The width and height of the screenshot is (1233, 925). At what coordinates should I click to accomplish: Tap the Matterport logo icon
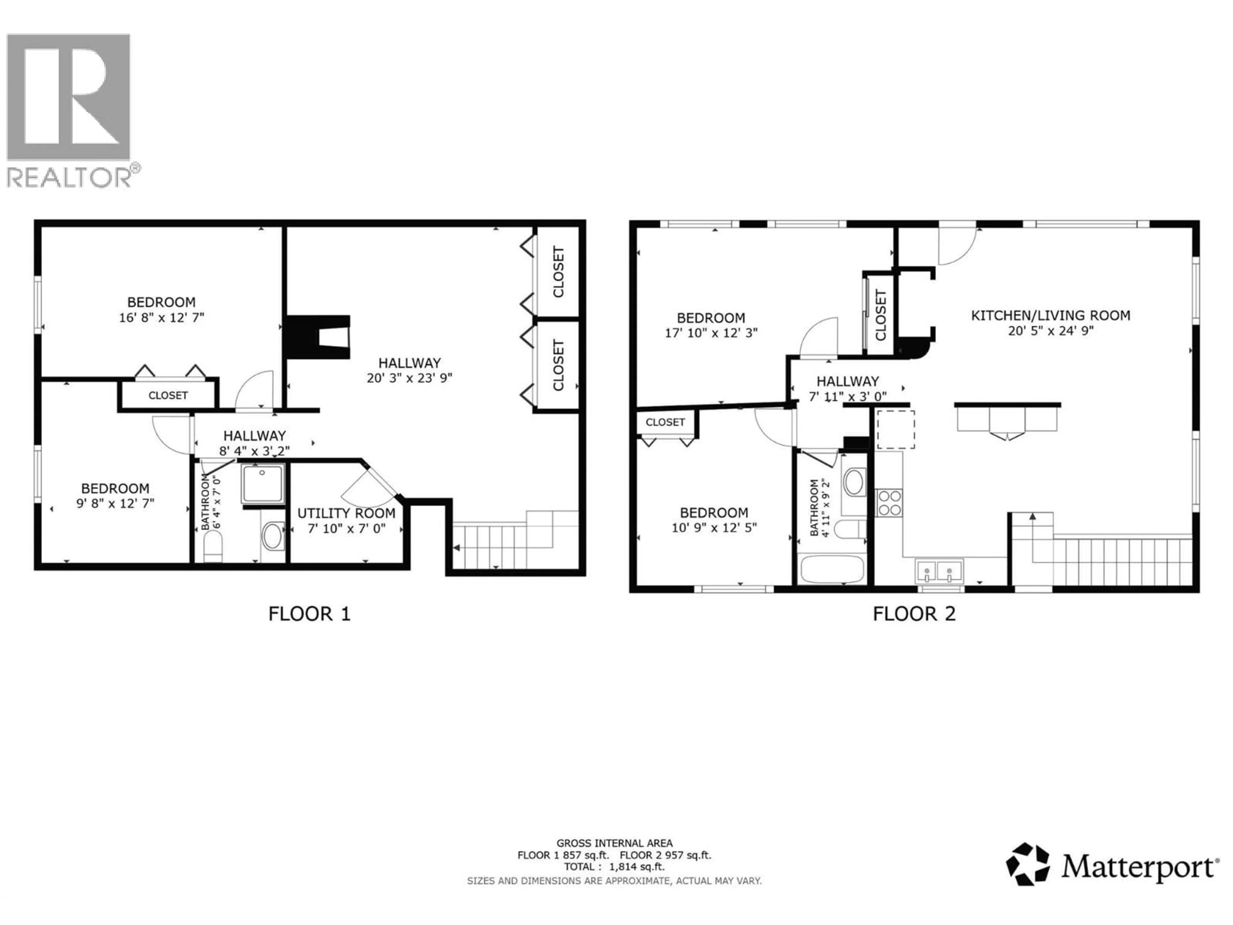click(1027, 864)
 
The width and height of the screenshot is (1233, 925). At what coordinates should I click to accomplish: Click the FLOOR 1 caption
click(309, 614)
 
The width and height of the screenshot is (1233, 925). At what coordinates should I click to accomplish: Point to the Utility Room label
click(346, 513)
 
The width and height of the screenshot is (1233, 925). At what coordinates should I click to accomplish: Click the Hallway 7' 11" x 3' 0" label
click(847, 389)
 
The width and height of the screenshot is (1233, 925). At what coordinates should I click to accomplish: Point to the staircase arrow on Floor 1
click(457, 548)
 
